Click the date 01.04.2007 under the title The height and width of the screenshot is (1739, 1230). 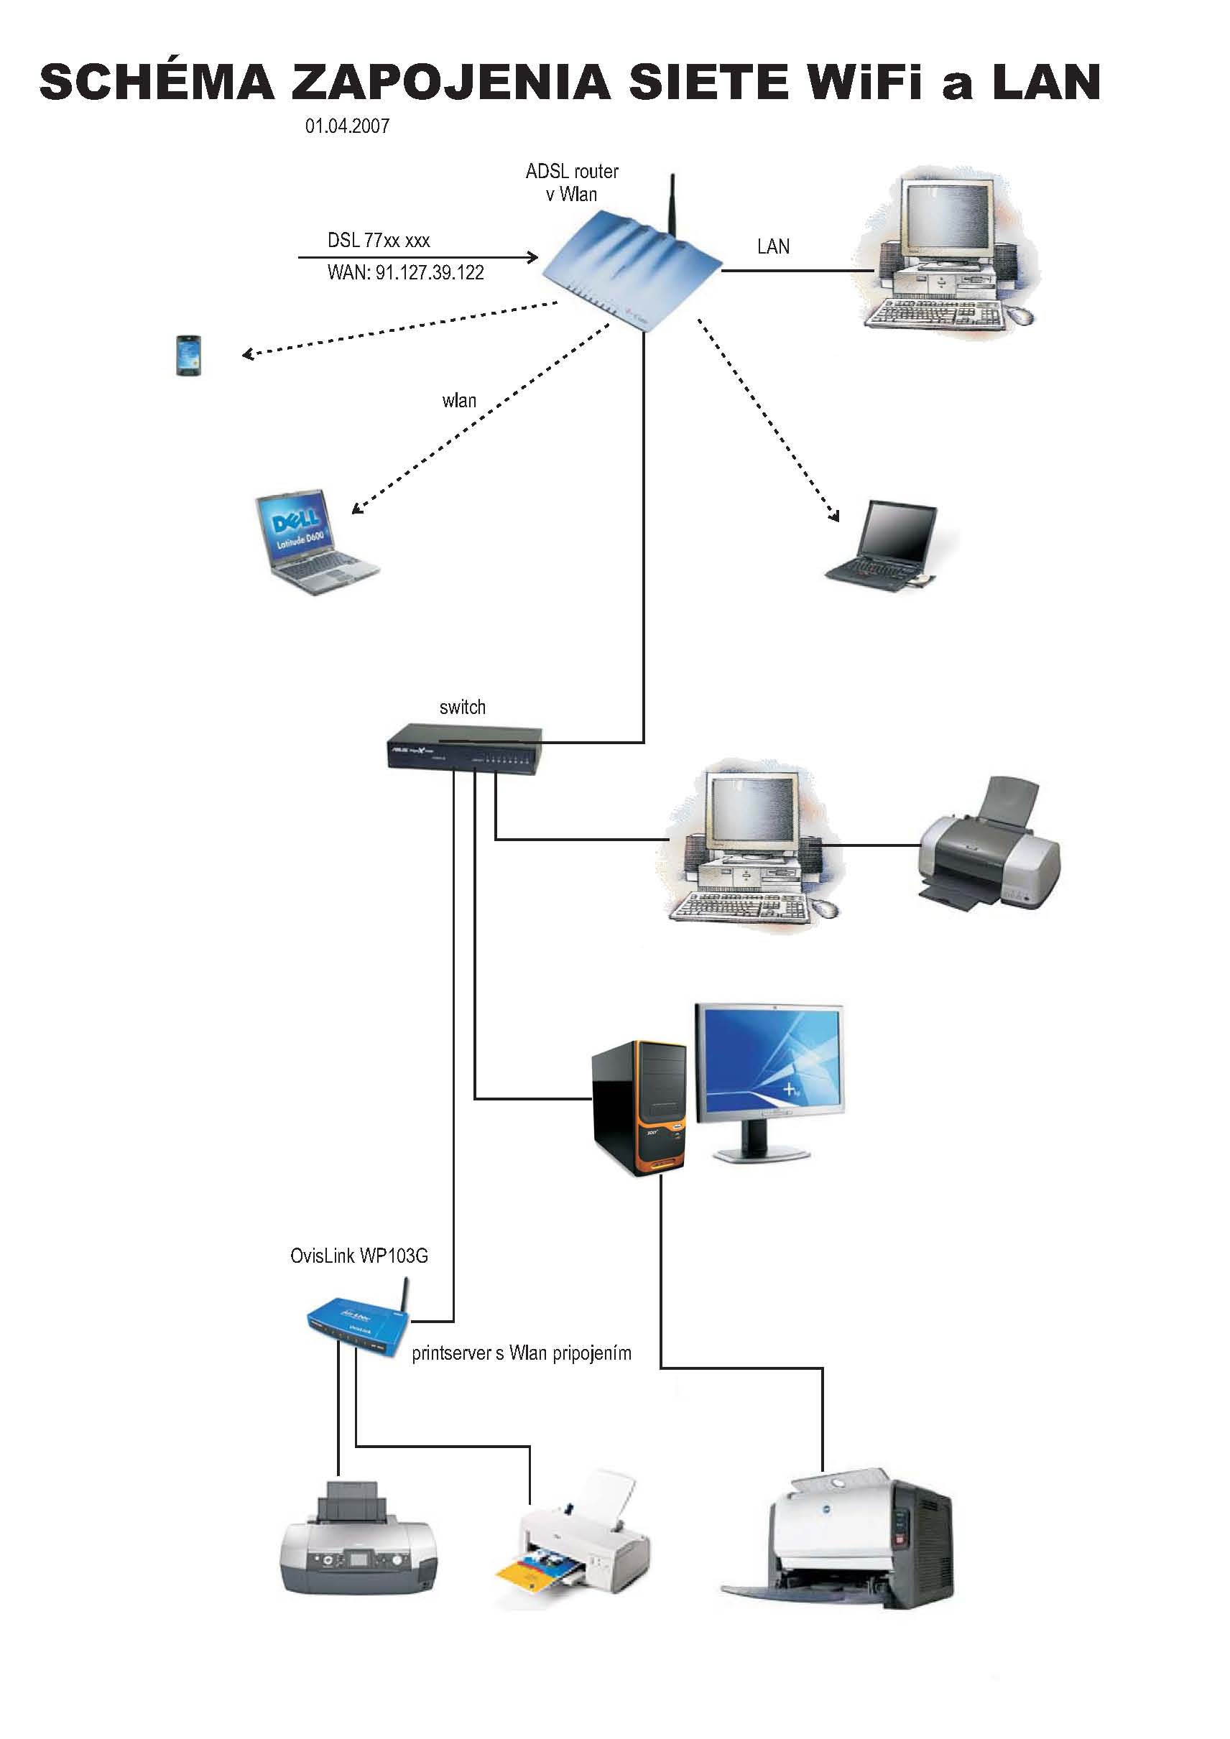[x=347, y=126]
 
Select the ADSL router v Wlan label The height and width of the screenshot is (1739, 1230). [x=572, y=182]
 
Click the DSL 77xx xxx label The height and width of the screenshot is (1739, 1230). [x=378, y=240]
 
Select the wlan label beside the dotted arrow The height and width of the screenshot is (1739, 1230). [x=459, y=401]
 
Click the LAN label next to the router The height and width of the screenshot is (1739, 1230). [x=772, y=247]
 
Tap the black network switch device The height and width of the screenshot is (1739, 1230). [x=464, y=748]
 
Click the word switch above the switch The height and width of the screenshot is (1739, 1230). [x=462, y=708]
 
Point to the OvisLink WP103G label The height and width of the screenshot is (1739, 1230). [x=359, y=1256]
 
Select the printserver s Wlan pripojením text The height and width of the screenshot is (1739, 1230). [x=521, y=1353]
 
